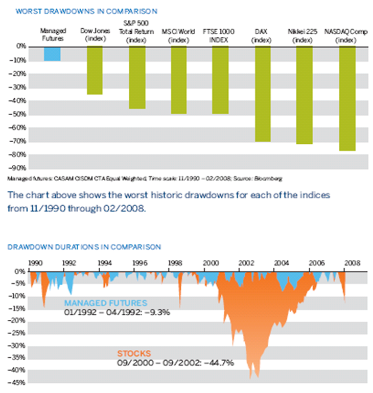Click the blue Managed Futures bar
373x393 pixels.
[x=52, y=54]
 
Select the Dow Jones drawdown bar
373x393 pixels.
[x=94, y=70]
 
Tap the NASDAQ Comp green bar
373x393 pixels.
[x=347, y=98]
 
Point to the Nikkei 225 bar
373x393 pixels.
[x=304, y=95]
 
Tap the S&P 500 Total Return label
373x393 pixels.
[x=136, y=30]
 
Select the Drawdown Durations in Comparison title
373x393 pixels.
[x=84, y=247]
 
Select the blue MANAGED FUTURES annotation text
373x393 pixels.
[x=105, y=303]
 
